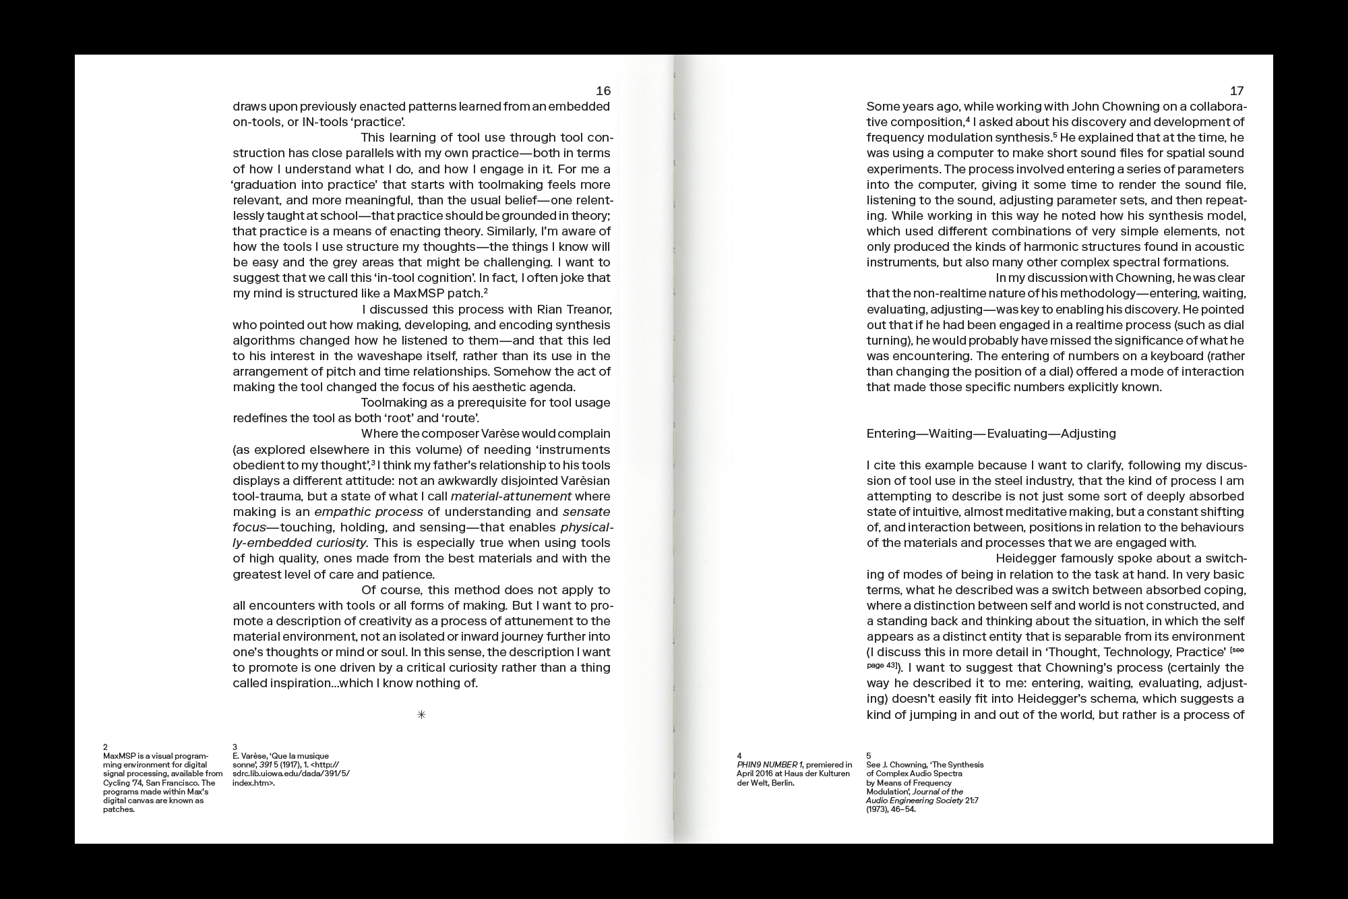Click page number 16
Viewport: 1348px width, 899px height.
pos(603,91)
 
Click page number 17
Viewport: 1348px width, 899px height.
pos(1236,91)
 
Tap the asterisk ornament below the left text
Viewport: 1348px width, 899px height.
pos(421,715)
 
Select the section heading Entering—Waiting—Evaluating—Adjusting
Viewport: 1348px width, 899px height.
pos(991,434)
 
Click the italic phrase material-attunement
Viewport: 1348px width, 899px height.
pos(511,496)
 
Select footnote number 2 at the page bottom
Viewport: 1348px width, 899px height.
pos(105,747)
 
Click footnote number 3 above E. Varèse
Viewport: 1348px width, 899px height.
pos(235,747)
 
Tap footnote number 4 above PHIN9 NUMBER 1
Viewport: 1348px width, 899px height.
pos(739,755)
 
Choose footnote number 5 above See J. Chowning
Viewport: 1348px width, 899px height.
pos(869,755)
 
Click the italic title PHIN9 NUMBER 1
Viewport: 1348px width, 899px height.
pos(770,765)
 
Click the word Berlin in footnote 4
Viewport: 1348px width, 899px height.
pos(783,783)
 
